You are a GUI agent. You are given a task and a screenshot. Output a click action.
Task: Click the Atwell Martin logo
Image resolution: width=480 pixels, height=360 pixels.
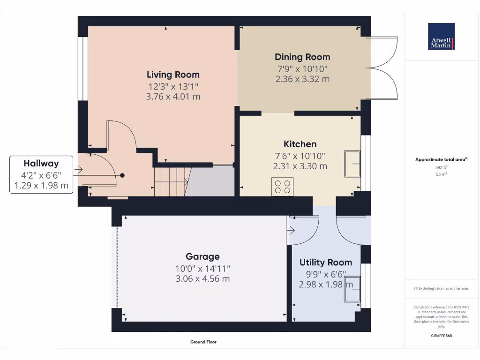pos(441,37)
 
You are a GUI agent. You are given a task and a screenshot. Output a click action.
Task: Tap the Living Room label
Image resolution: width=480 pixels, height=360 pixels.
pos(173,75)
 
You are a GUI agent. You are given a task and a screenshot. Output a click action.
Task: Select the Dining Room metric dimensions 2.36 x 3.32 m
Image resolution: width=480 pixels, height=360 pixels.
pos(302,79)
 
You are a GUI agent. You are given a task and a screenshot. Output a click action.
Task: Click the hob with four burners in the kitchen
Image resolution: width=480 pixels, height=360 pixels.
pos(283,186)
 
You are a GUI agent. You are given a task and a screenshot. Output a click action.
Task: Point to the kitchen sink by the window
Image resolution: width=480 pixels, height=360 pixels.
pos(352,164)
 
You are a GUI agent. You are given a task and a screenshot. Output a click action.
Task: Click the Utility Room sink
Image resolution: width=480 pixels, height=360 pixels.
pos(352,289)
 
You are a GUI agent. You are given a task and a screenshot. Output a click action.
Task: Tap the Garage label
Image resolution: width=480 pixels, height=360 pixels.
pos(202,256)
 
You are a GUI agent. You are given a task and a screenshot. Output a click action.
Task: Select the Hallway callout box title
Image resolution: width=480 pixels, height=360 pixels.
pos(41,164)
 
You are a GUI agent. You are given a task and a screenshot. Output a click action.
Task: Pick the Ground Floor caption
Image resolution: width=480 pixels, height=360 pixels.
pos(203,342)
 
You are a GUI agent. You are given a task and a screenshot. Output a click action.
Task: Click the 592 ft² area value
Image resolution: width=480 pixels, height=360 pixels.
pos(441,167)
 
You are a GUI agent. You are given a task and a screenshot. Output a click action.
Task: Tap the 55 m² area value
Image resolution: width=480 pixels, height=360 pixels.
pos(441,174)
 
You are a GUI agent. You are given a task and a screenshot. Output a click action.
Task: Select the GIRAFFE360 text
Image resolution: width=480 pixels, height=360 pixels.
pos(441,336)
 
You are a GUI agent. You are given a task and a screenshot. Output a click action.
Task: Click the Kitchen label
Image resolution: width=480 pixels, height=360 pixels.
pos(300,144)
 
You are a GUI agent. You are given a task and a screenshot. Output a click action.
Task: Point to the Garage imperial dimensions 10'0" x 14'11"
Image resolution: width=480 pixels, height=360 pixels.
pos(202,269)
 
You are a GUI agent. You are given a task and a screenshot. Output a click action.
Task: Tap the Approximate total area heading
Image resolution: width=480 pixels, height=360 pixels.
pos(441,160)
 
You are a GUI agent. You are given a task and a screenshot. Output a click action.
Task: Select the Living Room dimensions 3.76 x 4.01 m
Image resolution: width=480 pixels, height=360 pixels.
pos(173,97)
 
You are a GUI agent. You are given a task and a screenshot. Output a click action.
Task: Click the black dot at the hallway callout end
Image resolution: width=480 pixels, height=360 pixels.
pos(122,175)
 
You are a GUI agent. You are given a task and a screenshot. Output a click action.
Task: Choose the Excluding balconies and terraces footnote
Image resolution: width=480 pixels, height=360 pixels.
pos(441,288)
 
